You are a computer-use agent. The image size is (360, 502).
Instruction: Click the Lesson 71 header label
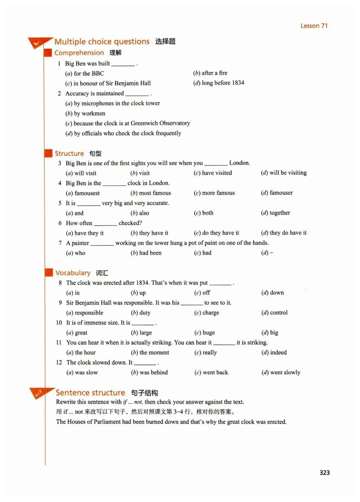point(314,26)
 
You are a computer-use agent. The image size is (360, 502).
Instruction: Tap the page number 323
point(324,472)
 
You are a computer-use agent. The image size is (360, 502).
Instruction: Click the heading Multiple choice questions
point(102,42)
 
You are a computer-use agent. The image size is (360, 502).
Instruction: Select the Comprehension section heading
point(79,53)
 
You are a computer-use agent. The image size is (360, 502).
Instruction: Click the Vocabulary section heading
point(73,273)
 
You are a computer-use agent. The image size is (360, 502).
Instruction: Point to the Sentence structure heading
point(90,393)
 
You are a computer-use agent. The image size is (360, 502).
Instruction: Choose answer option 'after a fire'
point(214,73)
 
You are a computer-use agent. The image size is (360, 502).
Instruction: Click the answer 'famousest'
point(87,193)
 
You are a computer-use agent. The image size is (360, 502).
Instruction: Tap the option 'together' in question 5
point(280,213)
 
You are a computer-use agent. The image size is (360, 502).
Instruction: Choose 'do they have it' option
point(220,233)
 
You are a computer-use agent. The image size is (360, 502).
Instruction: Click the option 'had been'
point(150,253)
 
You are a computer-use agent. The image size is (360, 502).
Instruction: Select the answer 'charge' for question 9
point(211,313)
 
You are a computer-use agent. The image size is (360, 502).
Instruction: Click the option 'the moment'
point(154,353)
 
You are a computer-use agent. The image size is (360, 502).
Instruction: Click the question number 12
point(59,363)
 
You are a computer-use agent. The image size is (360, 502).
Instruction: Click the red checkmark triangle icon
point(37,43)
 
